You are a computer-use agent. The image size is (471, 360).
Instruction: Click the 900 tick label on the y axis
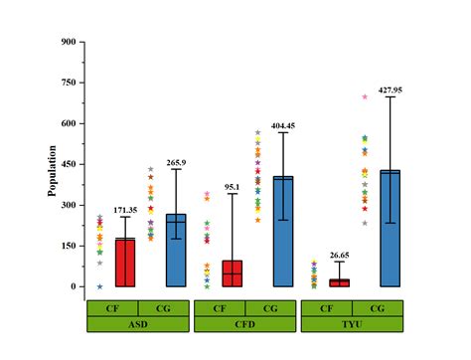68,42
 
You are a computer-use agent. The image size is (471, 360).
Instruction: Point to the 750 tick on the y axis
68,83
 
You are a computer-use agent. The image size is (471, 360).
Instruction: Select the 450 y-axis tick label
68,164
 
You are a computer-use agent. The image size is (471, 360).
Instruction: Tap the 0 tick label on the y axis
73,286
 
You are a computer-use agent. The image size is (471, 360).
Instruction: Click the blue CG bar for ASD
176,250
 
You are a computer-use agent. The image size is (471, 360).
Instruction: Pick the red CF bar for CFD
232,273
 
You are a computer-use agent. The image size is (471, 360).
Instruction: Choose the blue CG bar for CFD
283,232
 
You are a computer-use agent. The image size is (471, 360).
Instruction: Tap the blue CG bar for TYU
390,229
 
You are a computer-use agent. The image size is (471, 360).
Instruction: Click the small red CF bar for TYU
339,282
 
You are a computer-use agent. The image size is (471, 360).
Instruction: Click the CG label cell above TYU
378,307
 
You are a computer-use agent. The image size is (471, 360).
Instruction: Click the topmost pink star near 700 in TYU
365,96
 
